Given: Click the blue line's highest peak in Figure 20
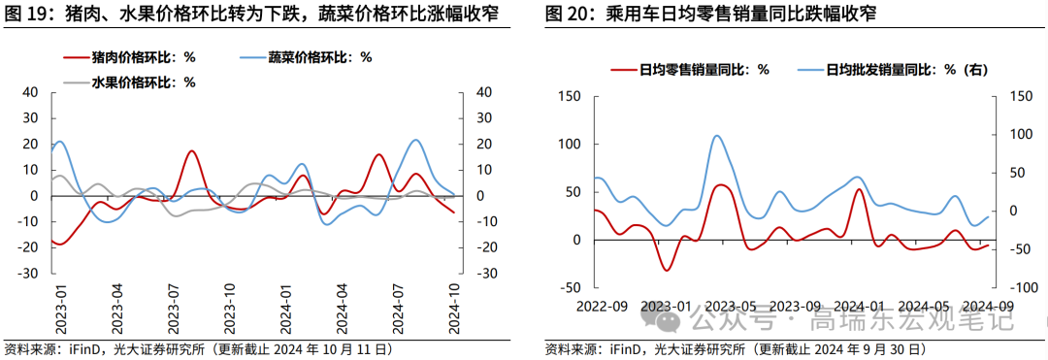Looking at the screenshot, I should (717, 136).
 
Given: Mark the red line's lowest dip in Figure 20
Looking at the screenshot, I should (666, 269).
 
